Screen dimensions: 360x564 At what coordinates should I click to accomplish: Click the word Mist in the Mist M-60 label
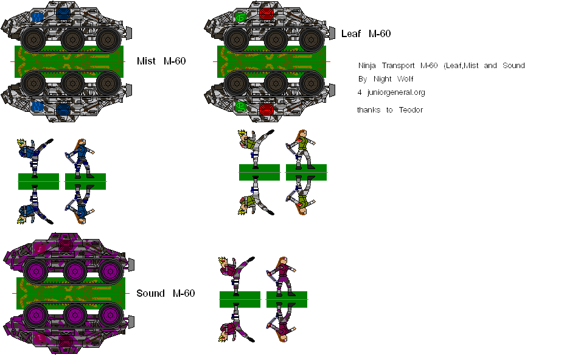click(x=146, y=61)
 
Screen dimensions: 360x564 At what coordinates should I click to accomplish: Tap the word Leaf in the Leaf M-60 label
click(x=351, y=33)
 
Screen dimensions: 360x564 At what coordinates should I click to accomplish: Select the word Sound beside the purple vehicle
click(x=150, y=293)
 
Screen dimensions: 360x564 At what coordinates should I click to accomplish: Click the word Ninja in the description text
click(x=367, y=66)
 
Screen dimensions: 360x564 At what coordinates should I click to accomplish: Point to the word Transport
click(x=399, y=66)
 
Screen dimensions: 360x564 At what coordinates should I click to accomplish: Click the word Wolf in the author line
click(x=405, y=79)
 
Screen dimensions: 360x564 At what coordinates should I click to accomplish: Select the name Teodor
click(x=411, y=109)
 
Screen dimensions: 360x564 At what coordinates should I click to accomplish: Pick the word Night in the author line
click(x=383, y=79)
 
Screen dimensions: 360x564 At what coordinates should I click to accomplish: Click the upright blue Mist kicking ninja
click(x=34, y=155)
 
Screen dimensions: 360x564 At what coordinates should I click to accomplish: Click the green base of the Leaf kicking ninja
click(x=259, y=172)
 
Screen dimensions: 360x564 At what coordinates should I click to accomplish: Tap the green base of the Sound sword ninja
click(x=287, y=299)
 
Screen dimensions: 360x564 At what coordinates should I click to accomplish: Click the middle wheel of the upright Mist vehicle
click(x=72, y=39)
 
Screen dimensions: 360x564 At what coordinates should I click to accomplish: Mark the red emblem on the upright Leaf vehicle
click(x=266, y=15)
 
